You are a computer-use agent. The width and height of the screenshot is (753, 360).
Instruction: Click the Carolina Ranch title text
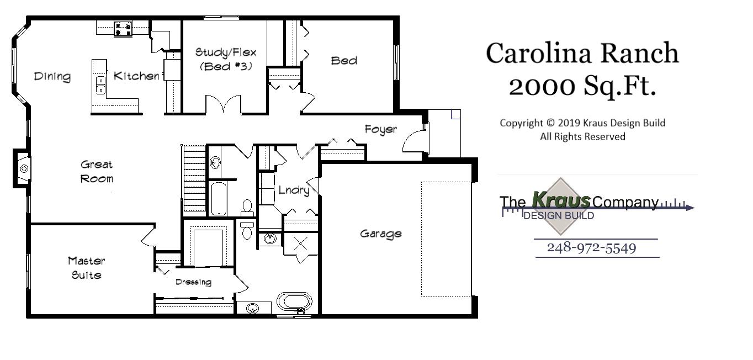tap(582, 54)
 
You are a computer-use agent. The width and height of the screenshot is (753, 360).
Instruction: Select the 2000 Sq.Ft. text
tap(582, 86)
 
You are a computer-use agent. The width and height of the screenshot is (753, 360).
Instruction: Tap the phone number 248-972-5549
tap(591, 248)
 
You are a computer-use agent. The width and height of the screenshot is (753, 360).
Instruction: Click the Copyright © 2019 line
tap(582, 123)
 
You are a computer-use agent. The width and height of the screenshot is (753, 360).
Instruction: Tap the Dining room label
tap(52, 77)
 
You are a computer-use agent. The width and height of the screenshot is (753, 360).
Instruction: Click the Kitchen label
tap(136, 76)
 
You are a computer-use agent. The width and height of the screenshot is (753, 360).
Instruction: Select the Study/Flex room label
tap(225, 53)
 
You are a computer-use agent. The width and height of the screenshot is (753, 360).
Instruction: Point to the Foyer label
tap(380, 129)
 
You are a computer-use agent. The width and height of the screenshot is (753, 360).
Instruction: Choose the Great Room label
tap(97, 171)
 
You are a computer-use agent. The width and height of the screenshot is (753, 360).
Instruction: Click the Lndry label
tap(293, 190)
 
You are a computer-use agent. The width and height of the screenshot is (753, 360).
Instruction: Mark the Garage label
tap(380, 234)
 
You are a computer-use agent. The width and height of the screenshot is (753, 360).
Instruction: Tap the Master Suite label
tap(86, 267)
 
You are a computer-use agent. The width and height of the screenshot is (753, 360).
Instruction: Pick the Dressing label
tap(193, 282)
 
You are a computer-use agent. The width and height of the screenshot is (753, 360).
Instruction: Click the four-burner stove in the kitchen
tap(123, 29)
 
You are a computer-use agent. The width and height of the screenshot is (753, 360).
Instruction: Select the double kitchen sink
tap(100, 85)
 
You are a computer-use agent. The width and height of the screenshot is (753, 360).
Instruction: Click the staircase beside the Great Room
tap(194, 179)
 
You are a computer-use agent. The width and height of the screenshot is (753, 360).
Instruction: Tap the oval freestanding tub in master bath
tap(294, 303)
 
